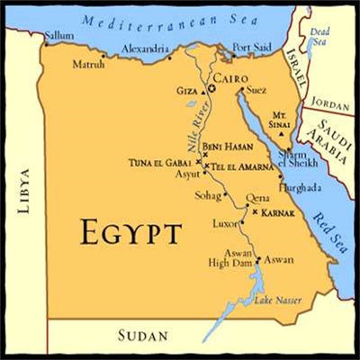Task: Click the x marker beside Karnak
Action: (255, 212)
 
